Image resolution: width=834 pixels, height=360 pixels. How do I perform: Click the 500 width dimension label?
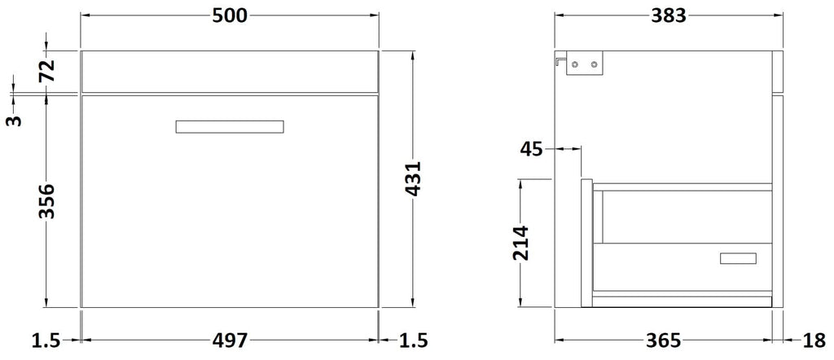(230, 16)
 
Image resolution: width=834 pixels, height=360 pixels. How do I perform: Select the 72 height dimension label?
(46, 70)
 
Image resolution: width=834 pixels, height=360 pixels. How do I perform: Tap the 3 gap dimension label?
(15, 121)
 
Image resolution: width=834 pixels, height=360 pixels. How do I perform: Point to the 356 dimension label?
(46, 201)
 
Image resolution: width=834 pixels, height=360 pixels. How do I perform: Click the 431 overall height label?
(413, 178)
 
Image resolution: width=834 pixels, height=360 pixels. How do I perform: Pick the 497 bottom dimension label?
(230, 340)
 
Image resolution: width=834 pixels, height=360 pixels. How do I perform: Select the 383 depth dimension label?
(669, 16)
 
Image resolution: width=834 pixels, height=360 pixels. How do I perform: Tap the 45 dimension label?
(531, 149)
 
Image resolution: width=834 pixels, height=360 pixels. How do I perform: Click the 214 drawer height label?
(520, 243)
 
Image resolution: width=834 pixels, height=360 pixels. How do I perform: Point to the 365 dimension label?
(663, 340)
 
